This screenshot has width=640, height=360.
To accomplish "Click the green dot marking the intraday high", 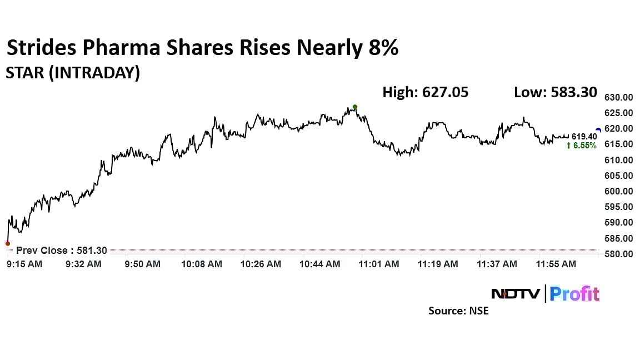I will [355, 107].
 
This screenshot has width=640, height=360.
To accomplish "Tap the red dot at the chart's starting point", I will [7, 243].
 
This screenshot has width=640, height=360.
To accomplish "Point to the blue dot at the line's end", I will [598, 130].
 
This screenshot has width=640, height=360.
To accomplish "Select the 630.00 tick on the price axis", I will [618, 97].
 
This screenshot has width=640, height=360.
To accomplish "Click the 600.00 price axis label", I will [618, 191].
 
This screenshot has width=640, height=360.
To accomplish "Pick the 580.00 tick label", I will [618, 254].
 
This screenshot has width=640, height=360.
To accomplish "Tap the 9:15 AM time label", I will [24, 264].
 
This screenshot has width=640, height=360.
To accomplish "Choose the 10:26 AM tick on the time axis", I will [261, 264].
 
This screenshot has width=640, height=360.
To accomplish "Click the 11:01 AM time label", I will [378, 264].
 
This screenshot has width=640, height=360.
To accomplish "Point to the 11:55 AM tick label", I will [556, 264].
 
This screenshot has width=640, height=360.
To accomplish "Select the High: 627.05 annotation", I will [425, 92].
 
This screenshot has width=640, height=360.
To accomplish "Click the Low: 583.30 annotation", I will [555, 92].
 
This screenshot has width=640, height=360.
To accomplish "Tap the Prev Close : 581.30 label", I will [62, 251].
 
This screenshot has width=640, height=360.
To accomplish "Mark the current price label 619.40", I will [584, 136].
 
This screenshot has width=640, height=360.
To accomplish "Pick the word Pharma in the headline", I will [120, 48].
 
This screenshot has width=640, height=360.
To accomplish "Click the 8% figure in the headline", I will [383, 48].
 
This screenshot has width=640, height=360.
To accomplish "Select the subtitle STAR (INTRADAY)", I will [73, 73].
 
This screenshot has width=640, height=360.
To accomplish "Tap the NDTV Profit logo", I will [545, 293].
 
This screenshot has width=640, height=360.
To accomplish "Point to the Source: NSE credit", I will [458, 311].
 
